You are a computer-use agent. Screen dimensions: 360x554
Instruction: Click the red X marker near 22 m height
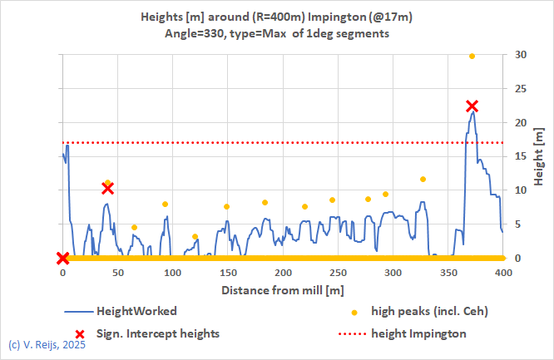472,106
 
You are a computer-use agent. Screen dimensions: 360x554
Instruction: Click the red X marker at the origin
62,259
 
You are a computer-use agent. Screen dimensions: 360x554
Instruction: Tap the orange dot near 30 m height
472,56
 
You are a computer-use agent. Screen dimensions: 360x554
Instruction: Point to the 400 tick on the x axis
502,273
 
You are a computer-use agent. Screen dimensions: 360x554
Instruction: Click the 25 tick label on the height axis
520,89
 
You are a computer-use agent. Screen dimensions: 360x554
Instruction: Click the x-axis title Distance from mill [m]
283,290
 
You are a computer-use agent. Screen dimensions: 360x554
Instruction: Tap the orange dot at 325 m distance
423,179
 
